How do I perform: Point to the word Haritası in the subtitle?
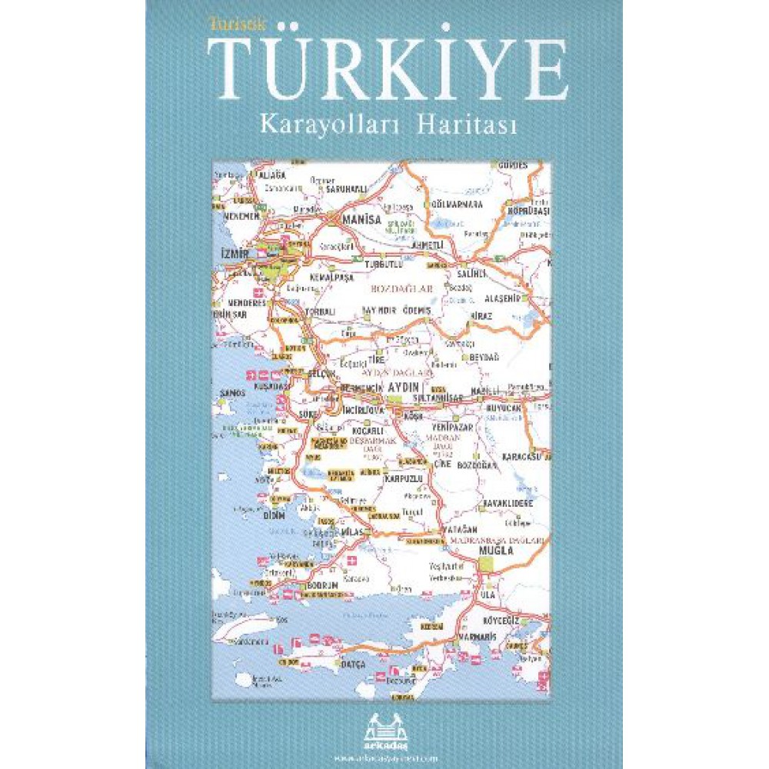tap(468, 126)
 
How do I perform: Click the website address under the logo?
tap(384, 757)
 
